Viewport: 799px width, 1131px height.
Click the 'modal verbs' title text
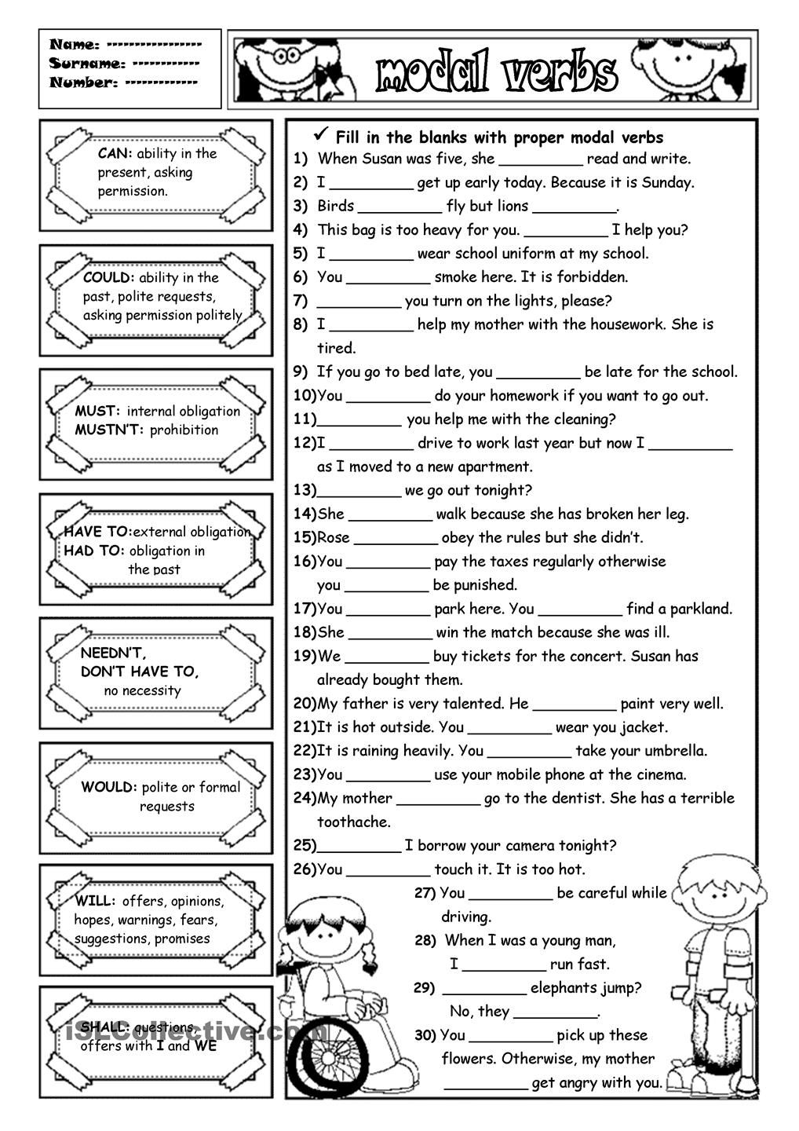click(496, 73)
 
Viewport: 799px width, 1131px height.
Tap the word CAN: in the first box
click(115, 154)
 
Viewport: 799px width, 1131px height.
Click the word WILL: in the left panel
click(96, 902)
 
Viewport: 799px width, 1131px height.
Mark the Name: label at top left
click(75, 45)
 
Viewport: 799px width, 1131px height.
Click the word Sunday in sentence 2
click(668, 183)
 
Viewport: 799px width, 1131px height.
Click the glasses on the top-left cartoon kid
click(289, 54)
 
